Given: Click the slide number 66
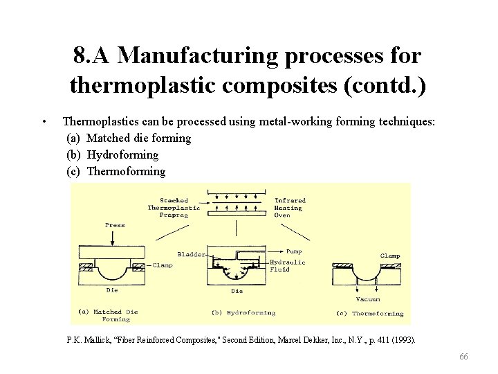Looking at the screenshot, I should pos(463,356).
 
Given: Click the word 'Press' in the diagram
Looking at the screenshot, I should pos(115,225).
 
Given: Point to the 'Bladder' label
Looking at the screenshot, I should pos(191,254).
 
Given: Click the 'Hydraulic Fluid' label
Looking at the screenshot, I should pos(287,266).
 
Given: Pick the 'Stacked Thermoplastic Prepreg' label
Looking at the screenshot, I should pos(174,208).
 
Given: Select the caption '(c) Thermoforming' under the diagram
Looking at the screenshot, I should pos(369,314).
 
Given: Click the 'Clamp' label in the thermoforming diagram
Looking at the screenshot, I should pos(389,256).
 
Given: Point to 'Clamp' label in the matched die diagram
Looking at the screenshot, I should pos(163,265).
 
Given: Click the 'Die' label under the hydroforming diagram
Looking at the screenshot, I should pos(237,291).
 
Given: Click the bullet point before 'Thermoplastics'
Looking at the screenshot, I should pos(44,122).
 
